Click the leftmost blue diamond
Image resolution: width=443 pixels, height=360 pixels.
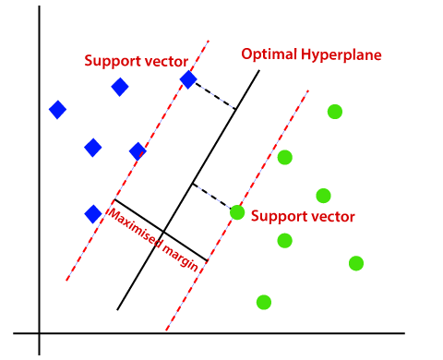click(57, 110)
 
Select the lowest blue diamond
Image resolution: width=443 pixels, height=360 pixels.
click(92, 214)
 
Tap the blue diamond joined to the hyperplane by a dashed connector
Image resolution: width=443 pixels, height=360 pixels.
click(187, 80)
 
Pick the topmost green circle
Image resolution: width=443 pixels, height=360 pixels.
click(334, 112)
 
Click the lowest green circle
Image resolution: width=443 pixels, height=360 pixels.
click(264, 302)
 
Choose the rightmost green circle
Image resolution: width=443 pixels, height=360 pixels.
click(356, 263)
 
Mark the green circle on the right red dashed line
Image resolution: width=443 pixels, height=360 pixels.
click(237, 212)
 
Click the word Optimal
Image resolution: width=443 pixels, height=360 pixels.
click(265, 54)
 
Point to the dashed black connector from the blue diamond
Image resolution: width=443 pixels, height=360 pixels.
click(212, 95)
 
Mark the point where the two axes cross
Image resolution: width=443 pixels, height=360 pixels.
click(40, 332)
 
